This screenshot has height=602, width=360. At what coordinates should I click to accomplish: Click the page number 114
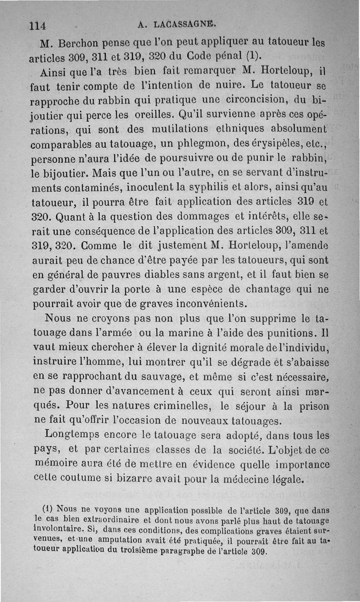point(38,25)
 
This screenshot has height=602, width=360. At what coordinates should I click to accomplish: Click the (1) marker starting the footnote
point(48,511)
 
